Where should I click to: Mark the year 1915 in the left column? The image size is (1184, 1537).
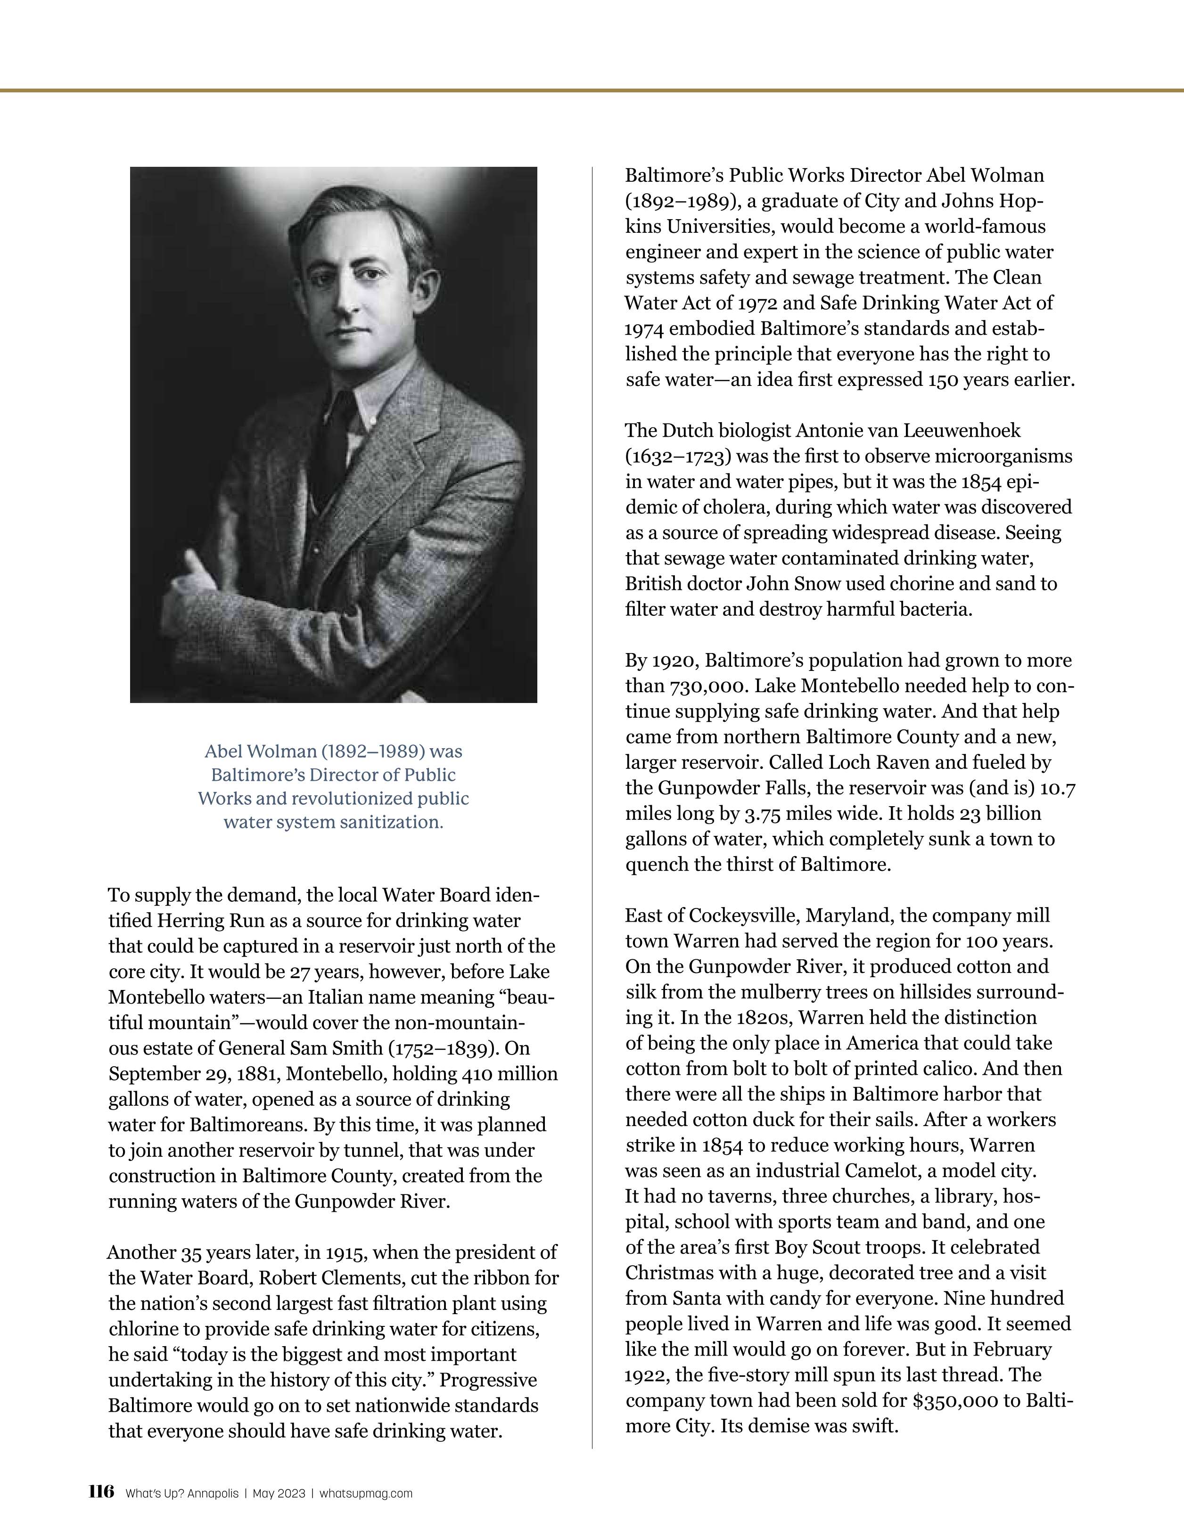click(341, 1253)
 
